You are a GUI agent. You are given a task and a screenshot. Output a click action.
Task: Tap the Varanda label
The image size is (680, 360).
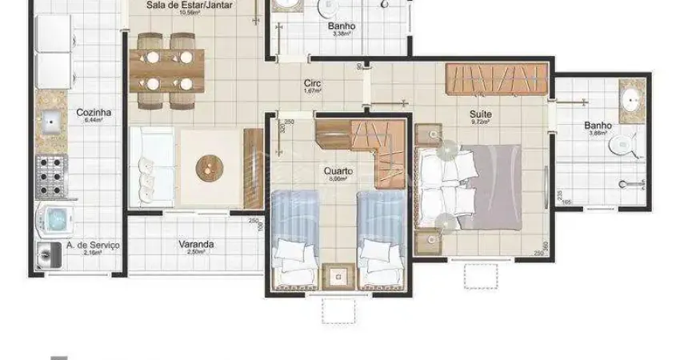click(196, 245)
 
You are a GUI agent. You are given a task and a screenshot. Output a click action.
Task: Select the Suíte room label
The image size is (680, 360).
click(481, 114)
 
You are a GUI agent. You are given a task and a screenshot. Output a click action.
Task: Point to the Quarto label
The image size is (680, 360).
click(338, 171)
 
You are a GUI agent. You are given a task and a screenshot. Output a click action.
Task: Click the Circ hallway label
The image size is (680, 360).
click(312, 83)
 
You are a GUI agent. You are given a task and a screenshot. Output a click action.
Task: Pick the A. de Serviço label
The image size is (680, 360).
click(93, 245)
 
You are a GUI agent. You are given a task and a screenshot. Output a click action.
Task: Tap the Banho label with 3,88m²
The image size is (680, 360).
click(598, 126)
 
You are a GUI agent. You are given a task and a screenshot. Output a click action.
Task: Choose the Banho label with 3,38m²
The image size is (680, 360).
click(342, 26)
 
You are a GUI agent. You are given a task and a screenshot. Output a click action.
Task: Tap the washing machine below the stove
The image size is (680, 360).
click(54, 218)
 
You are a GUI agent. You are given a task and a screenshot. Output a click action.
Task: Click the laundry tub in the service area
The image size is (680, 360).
click(49, 254)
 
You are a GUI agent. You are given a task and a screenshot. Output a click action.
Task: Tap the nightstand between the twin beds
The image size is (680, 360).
click(338, 277)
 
